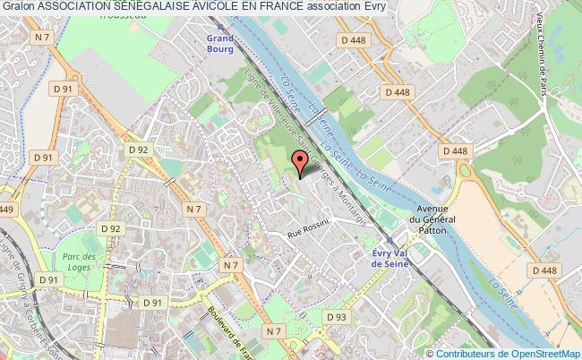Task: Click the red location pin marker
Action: pyautogui.click(x=300, y=161)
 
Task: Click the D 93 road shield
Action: pyautogui.click(x=337, y=293)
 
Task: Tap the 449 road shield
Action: pyautogui.click(x=7, y=209)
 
